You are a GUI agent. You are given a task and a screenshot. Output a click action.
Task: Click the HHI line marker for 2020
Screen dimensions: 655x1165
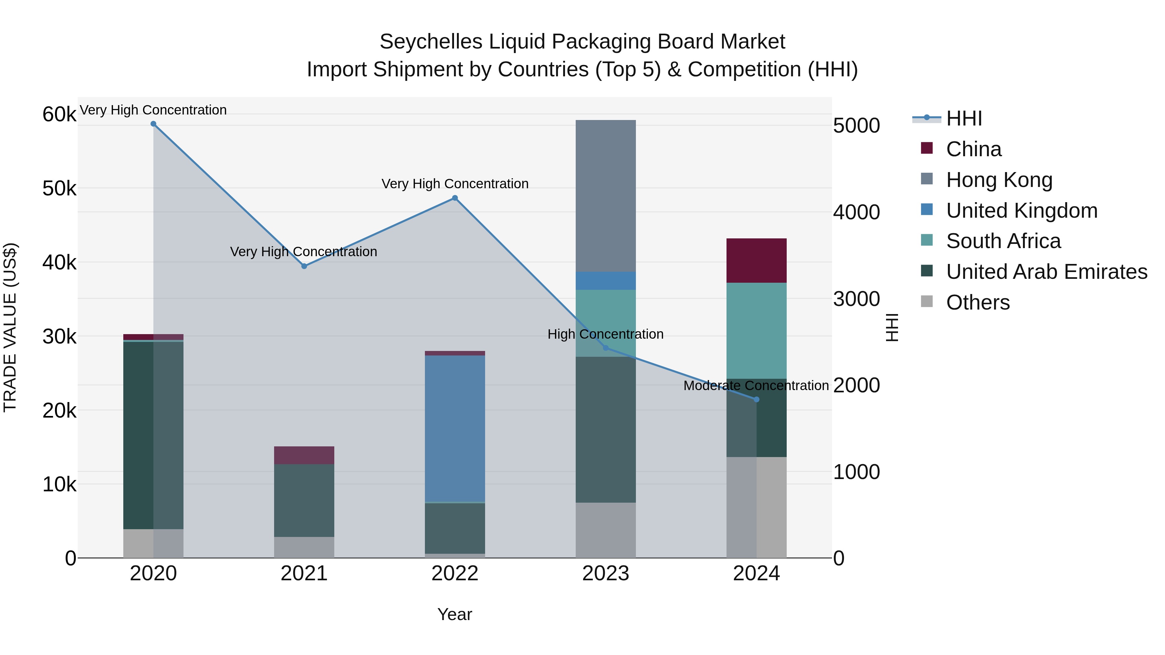153,124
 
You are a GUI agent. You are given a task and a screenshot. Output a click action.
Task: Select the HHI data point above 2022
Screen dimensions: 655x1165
455,198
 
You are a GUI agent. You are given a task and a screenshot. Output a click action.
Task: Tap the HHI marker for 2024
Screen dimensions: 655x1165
757,399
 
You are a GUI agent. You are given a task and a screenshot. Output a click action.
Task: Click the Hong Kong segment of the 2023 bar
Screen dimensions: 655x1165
605,195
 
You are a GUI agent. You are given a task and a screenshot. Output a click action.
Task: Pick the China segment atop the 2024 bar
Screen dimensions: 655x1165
756,260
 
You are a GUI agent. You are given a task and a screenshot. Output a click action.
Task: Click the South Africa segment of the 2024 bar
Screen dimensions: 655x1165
756,331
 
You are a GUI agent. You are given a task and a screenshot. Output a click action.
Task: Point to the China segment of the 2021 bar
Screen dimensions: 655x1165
304,455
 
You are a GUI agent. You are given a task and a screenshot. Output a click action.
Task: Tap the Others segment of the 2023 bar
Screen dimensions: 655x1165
605,530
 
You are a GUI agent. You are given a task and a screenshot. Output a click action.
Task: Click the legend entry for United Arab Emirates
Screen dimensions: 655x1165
1047,272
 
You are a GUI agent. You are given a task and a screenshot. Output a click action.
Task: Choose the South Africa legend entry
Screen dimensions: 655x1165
1003,241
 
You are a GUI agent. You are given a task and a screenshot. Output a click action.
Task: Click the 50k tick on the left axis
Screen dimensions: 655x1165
59,189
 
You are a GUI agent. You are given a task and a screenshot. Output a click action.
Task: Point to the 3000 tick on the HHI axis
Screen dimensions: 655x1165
856,299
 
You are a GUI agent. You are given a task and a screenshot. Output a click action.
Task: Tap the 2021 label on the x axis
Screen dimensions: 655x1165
304,573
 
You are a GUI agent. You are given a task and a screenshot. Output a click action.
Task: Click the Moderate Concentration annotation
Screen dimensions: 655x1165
756,386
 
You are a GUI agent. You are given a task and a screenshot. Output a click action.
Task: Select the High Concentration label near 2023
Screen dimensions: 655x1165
605,334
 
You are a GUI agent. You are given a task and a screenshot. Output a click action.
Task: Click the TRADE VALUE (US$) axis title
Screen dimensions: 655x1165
10,327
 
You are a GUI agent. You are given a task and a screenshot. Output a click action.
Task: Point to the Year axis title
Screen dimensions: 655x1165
455,614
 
